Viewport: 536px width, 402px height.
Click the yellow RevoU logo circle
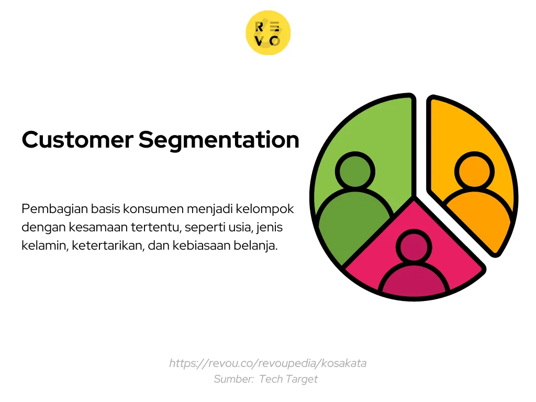click(268, 33)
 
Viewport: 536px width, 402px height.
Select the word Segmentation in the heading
click(219, 140)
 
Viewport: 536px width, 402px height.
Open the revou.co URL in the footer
click(267, 363)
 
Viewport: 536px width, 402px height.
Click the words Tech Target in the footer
click(288, 379)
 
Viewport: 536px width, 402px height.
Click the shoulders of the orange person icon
click(476, 212)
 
